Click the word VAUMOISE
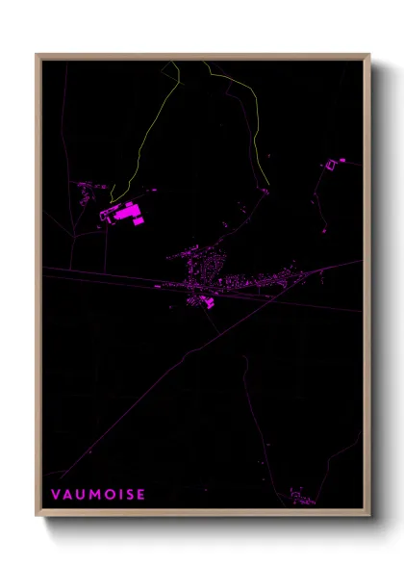pos(98,494)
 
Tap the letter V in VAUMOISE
pos(56,494)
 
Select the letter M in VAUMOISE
pos(96,494)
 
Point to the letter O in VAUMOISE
pos(111,494)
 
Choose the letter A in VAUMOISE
pos(68,494)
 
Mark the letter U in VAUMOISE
pos(81,494)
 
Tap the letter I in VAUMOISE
pos(120,494)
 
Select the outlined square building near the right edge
pos(332,165)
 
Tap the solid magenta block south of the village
pos(203,302)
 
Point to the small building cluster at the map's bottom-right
pos(301,499)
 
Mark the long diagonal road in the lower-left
pos(144,395)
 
